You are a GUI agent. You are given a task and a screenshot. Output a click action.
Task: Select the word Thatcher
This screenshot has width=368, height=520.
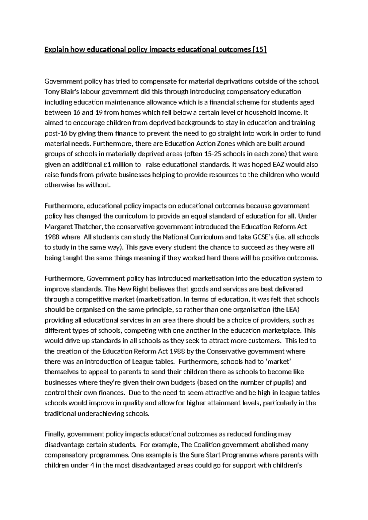[88, 227]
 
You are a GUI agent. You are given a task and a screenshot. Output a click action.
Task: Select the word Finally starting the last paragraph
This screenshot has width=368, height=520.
[55, 434]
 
